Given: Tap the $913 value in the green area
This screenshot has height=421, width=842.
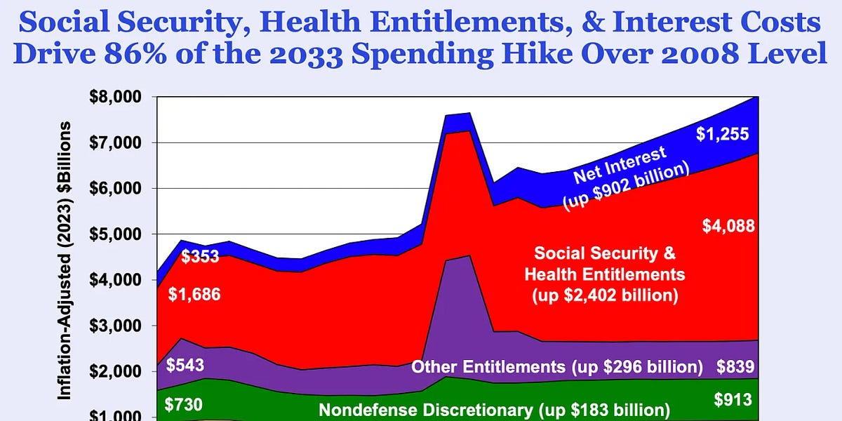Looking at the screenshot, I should (x=733, y=400).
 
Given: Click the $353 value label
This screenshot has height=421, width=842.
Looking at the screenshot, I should (x=201, y=256).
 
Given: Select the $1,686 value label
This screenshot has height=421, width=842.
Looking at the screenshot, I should (x=194, y=295).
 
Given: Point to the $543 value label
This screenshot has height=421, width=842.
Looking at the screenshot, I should (x=185, y=366).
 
